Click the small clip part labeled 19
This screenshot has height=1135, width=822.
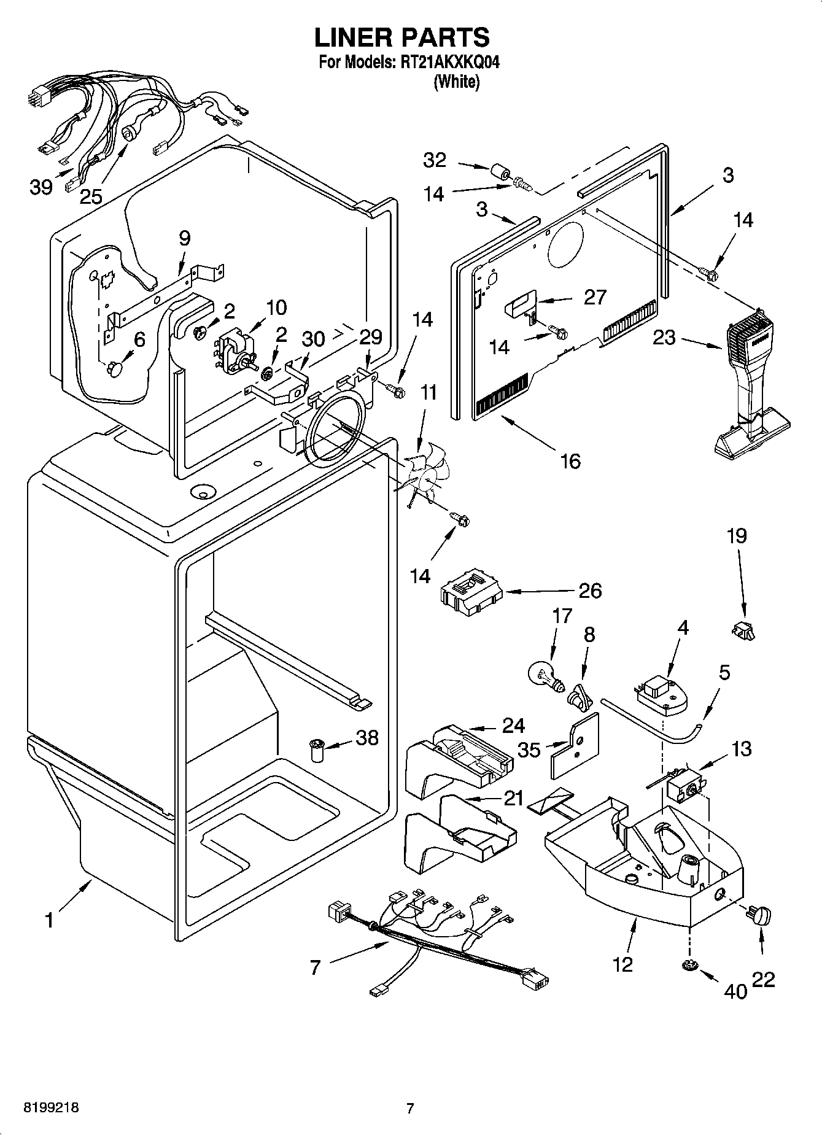(x=743, y=630)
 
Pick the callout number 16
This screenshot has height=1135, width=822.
(x=570, y=460)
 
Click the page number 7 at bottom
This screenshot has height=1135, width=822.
(x=410, y=1108)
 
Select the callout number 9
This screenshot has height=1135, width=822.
(x=185, y=238)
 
